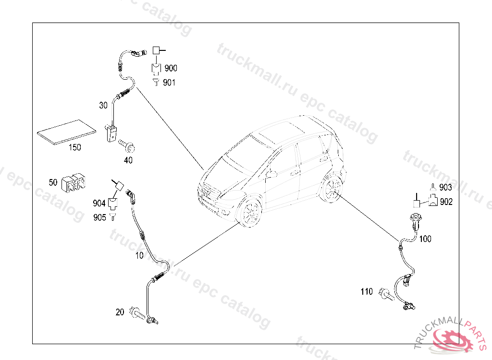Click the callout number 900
(x=171, y=69)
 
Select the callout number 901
(x=169, y=83)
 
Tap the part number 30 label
(x=103, y=106)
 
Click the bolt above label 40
(x=127, y=144)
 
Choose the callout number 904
(x=99, y=204)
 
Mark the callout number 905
(x=99, y=217)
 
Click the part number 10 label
(x=139, y=255)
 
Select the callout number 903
(x=445, y=188)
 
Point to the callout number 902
(x=446, y=202)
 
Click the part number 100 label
(x=425, y=239)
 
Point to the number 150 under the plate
(x=74, y=147)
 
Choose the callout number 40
(x=128, y=160)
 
